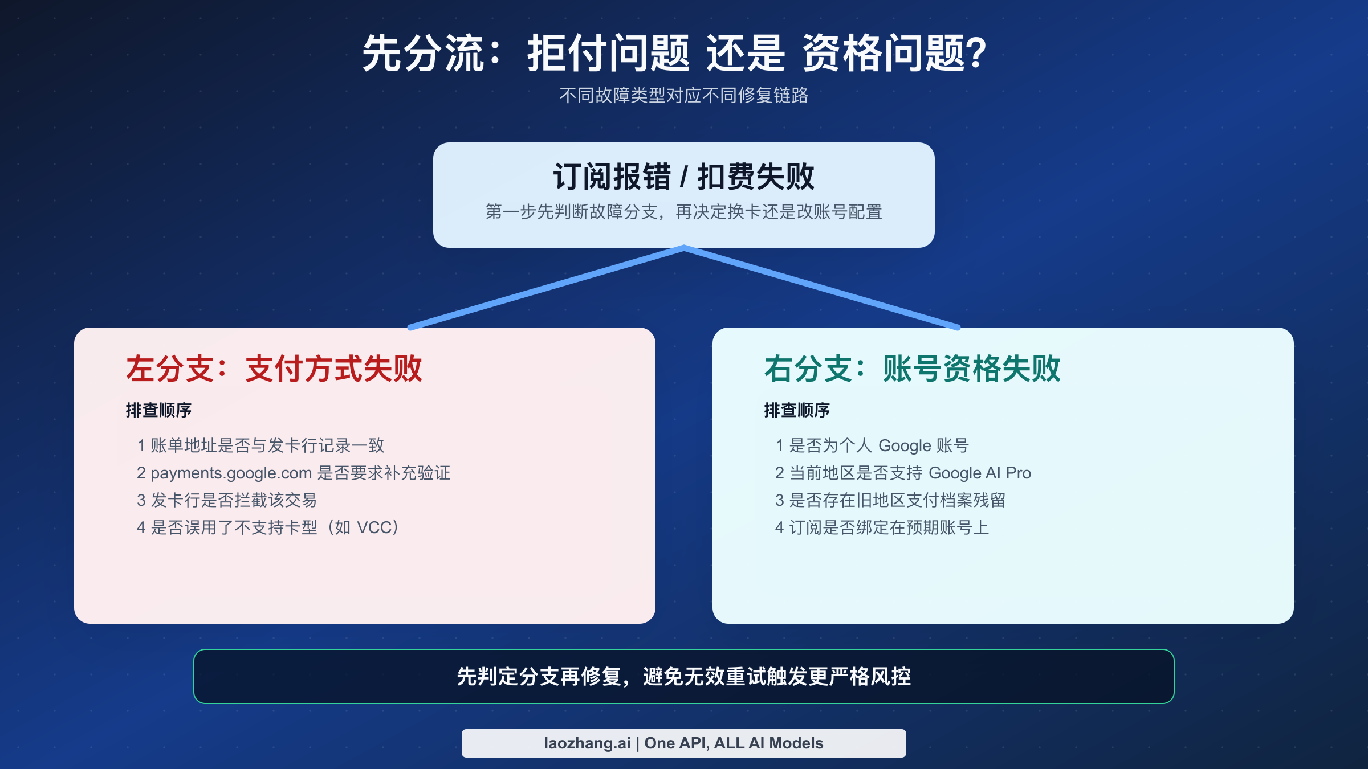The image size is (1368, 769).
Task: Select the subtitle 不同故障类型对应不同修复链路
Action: (683, 95)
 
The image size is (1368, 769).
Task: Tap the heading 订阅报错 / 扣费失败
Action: (683, 177)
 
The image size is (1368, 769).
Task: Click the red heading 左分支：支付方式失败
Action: (274, 369)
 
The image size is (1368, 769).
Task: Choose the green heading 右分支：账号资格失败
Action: (912, 369)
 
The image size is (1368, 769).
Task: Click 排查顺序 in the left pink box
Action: (158, 410)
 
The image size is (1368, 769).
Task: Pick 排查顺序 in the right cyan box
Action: (797, 410)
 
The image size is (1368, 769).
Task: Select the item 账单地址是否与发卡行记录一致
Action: (267, 445)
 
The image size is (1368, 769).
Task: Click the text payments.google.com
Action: (231, 473)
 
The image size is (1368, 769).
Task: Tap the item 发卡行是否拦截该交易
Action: (233, 500)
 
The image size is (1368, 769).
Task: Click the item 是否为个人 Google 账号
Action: (878, 445)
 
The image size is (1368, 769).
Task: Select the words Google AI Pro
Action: (979, 473)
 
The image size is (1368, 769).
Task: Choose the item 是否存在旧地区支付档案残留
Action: (897, 500)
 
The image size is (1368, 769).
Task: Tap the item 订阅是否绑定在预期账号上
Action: (889, 527)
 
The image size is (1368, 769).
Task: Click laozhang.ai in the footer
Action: (587, 743)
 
